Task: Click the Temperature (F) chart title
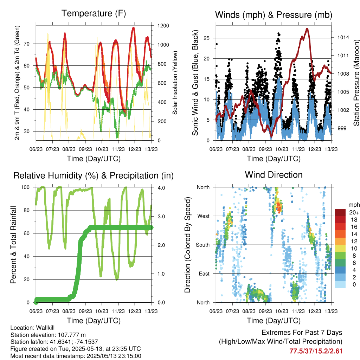[x=94, y=14]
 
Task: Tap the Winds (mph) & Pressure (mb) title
[x=274, y=15]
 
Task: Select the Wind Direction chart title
[x=274, y=175]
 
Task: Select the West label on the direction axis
[x=203, y=216]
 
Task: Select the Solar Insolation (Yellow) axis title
[x=175, y=83]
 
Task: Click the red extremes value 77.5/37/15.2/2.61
[x=316, y=351]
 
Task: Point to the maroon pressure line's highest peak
[x=307, y=29]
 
